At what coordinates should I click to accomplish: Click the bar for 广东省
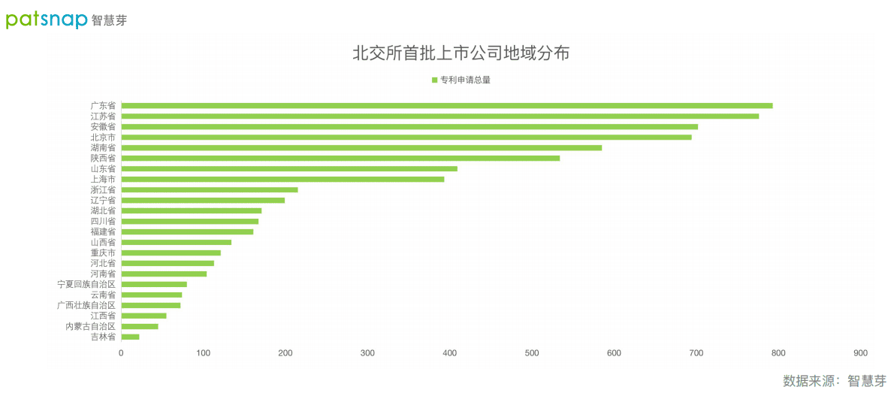[446, 105]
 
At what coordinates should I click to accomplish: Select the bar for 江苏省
[439, 116]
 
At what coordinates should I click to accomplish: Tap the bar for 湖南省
[361, 147]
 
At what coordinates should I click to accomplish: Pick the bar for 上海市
[282, 179]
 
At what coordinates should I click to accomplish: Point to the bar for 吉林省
[130, 337]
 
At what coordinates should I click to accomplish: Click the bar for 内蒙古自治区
[140, 326]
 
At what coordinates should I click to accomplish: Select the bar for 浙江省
[210, 189]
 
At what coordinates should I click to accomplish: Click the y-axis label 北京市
[103, 138]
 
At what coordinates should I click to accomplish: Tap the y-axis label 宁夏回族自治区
[86, 285]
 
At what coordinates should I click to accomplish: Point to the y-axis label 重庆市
[103, 253]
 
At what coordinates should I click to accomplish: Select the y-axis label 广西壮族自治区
[86, 306]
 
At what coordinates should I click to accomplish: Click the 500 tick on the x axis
[532, 353]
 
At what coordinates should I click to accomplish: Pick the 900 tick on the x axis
[860, 353]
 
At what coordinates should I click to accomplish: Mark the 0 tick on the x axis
[121, 353]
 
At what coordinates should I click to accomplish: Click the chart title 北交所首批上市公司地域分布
[461, 53]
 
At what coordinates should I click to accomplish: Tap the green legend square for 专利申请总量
[434, 80]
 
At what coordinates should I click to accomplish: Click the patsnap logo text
[47, 20]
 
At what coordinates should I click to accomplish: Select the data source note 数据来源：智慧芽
[834, 381]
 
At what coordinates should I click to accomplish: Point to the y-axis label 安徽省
[103, 127]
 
